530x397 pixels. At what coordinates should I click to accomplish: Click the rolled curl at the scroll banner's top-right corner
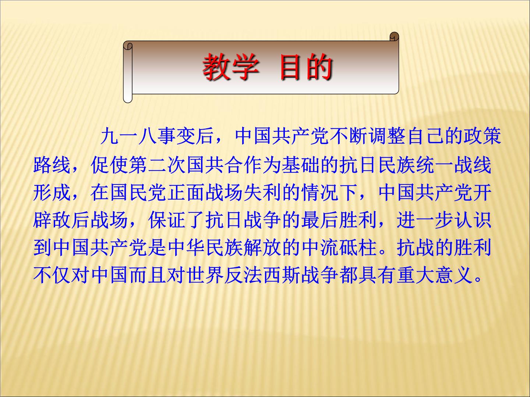(394, 37)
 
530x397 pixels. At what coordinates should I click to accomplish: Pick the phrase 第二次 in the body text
(157, 165)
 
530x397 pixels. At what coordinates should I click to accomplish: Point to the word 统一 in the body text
(434, 165)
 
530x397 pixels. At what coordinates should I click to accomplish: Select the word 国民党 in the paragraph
(138, 193)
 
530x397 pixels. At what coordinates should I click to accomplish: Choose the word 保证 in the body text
(167, 220)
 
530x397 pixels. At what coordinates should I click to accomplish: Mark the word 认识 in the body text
(473, 220)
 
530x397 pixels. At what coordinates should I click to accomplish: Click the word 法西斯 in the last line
(272, 275)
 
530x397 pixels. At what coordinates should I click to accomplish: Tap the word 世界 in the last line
(205, 275)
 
